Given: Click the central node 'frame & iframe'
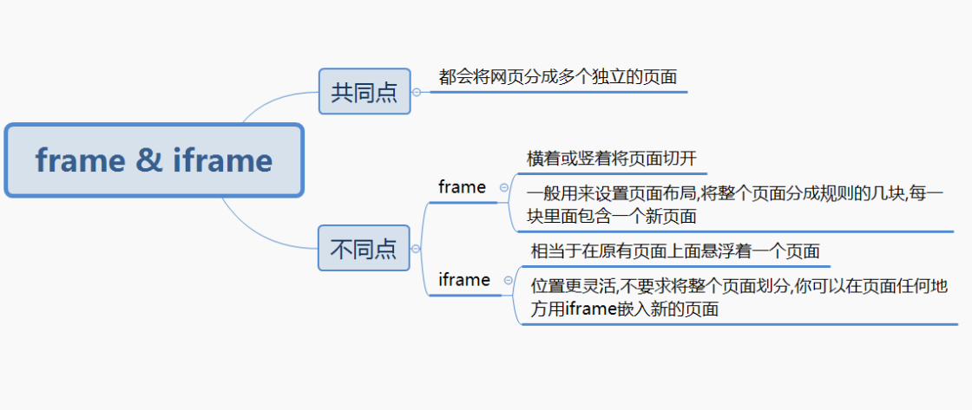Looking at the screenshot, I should click(154, 160).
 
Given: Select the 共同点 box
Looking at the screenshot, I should click(364, 91).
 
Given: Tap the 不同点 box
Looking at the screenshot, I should click(364, 249).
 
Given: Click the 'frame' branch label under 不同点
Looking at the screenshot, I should click(462, 187).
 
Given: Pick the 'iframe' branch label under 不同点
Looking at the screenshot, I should click(463, 280).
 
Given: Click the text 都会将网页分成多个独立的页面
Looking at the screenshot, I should click(557, 77).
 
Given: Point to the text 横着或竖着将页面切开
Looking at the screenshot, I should click(611, 159).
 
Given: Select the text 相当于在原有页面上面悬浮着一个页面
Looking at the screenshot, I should click(675, 252).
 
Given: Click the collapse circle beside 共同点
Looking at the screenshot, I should click(417, 92).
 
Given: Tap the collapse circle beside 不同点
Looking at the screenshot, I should click(417, 249).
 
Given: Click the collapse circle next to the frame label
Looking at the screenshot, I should click(504, 187).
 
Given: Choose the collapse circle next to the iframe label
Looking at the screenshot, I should click(508, 280).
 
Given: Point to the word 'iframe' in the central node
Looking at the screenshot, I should click(222, 160).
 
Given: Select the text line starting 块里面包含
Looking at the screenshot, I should click(611, 216).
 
